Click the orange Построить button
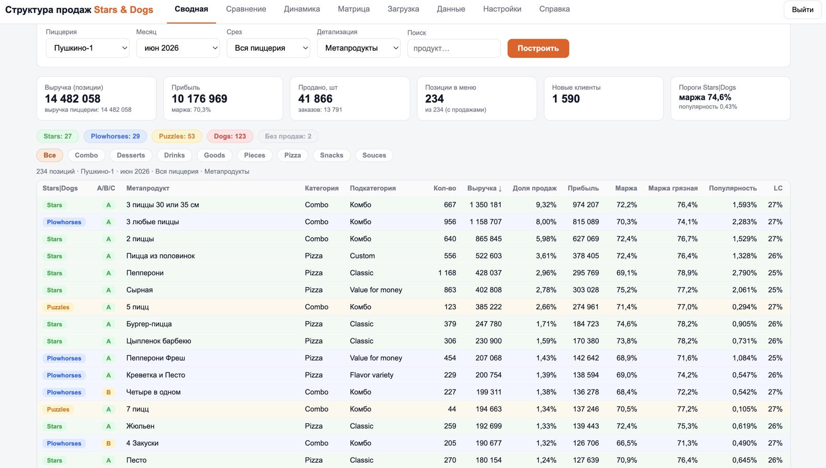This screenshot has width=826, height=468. (x=538, y=48)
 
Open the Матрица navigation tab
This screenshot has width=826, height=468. (x=354, y=9)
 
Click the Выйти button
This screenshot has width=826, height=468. (x=802, y=10)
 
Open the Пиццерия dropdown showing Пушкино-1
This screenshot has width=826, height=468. (x=87, y=48)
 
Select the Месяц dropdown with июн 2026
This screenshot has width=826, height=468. (x=178, y=48)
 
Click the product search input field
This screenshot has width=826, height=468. (x=454, y=49)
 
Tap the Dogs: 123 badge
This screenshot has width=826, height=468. (x=230, y=136)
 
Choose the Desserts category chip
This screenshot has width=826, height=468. (x=131, y=155)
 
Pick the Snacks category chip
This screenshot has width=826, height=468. (x=331, y=155)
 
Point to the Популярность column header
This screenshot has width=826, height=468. (x=733, y=188)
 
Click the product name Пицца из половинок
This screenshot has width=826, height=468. (x=161, y=256)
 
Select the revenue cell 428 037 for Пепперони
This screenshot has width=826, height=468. (x=488, y=273)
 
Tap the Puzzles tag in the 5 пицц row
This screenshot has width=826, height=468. (x=58, y=307)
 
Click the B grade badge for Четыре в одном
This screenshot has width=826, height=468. (x=108, y=392)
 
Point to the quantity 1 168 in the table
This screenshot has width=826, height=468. (x=447, y=273)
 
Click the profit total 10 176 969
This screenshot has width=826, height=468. (x=199, y=99)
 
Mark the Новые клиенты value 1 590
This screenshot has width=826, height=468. (x=566, y=99)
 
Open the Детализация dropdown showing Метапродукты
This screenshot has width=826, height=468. (x=358, y=48)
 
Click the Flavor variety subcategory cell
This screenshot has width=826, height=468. (x=371, y=375)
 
